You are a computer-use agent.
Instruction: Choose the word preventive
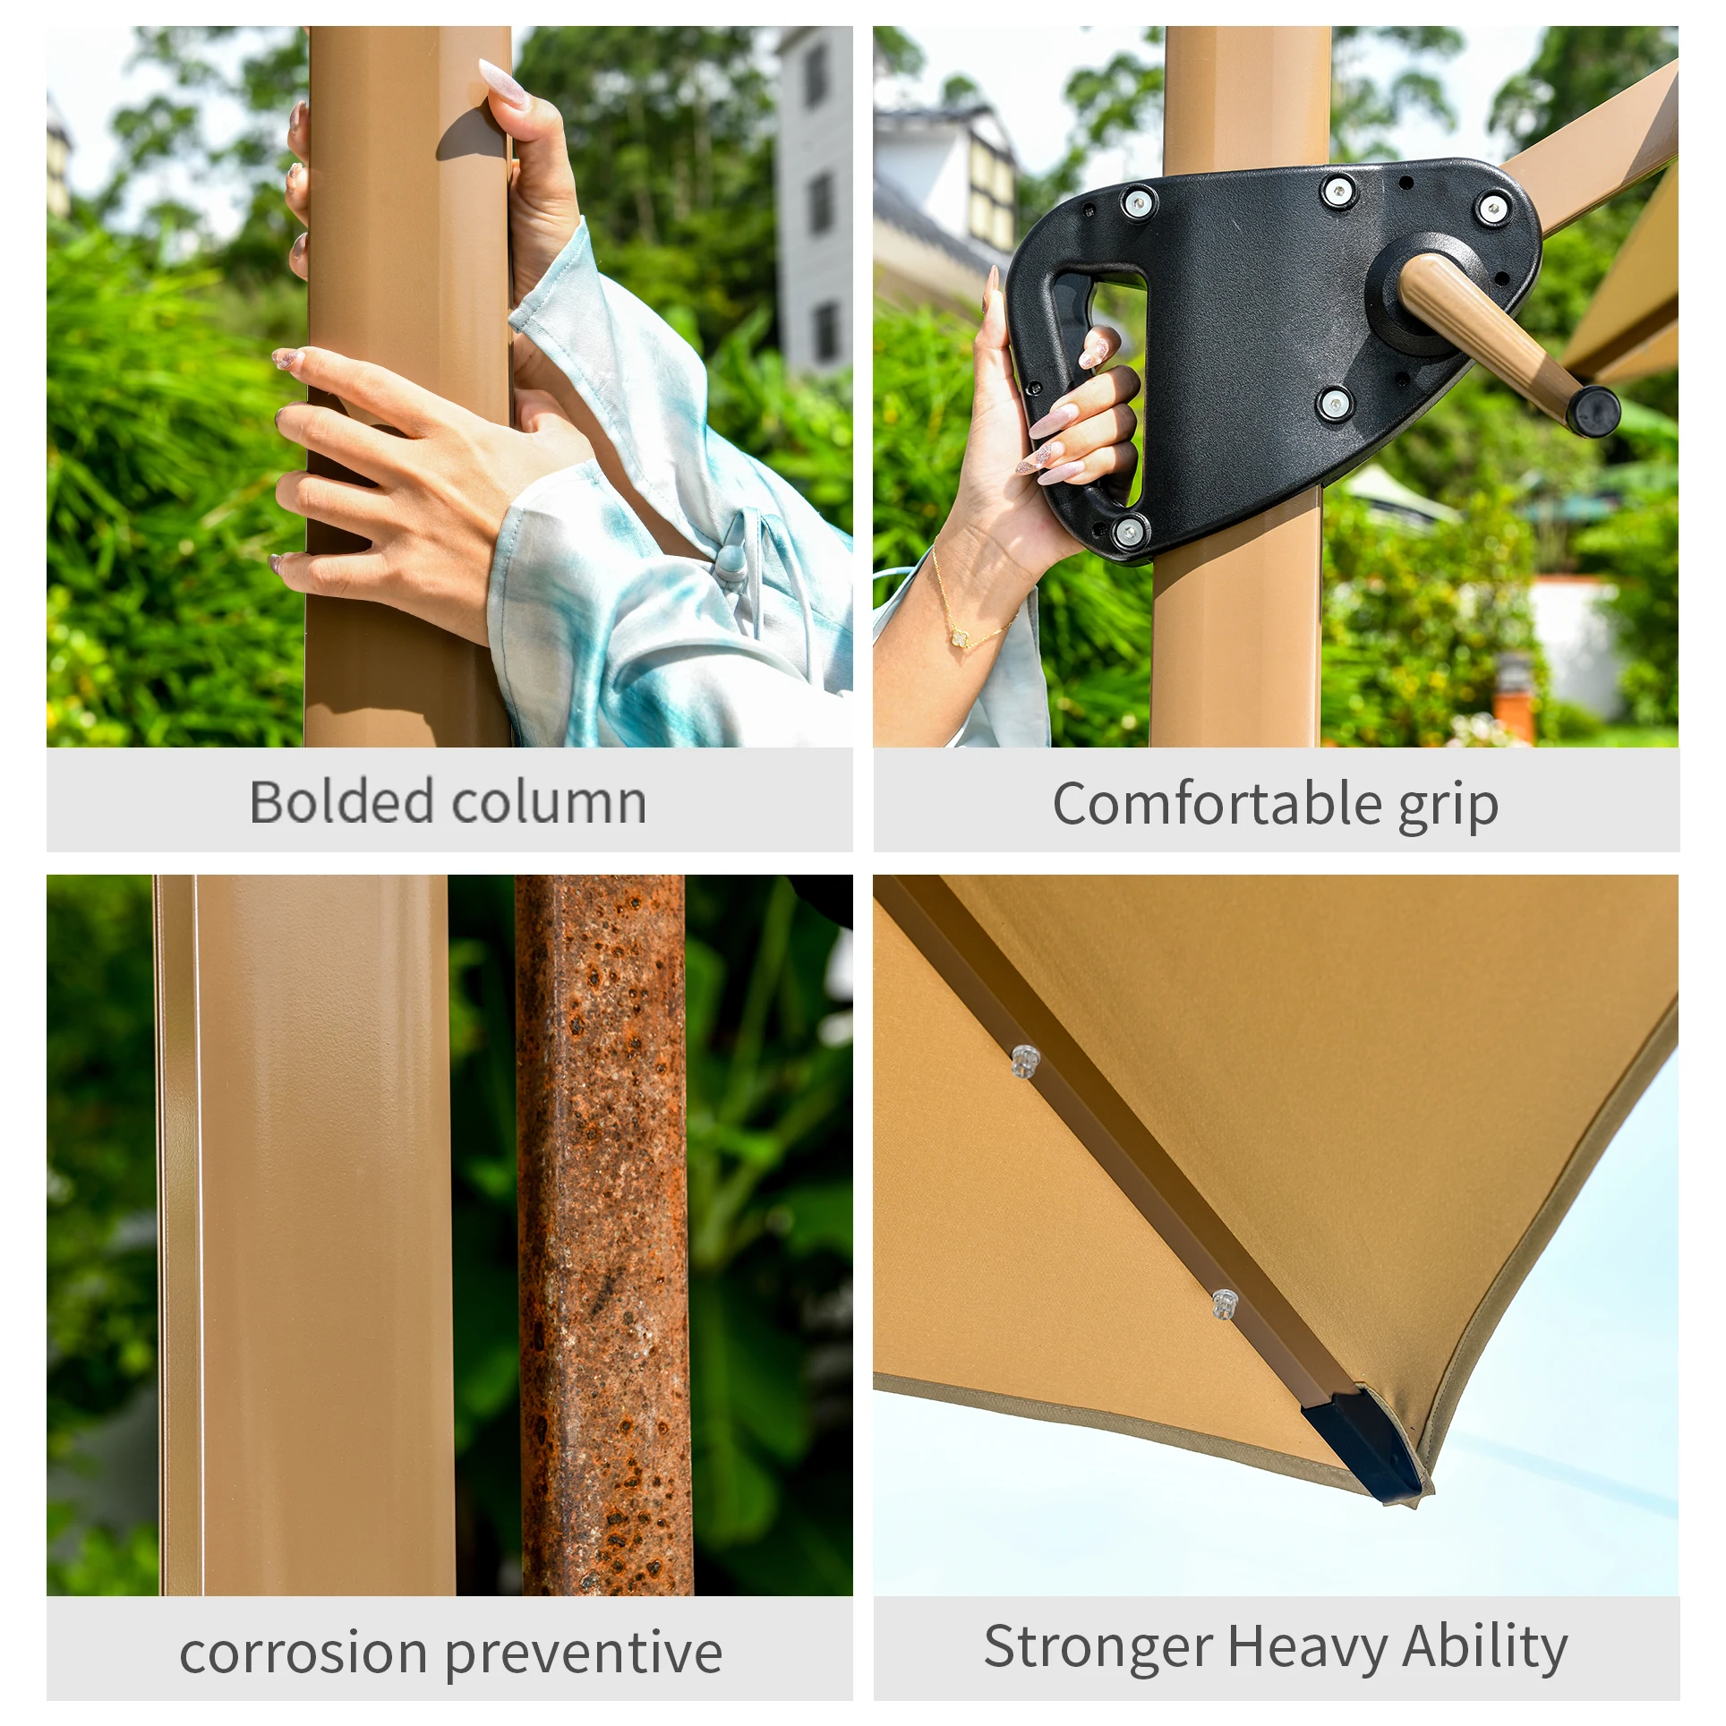pos(584,1654)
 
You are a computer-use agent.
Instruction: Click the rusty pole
pos(603,1235)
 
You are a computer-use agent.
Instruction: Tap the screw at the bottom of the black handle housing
pos(1129,532)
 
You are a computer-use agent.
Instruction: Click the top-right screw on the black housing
pos(1491,209)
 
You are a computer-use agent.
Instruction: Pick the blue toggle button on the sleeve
pos(731,560)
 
